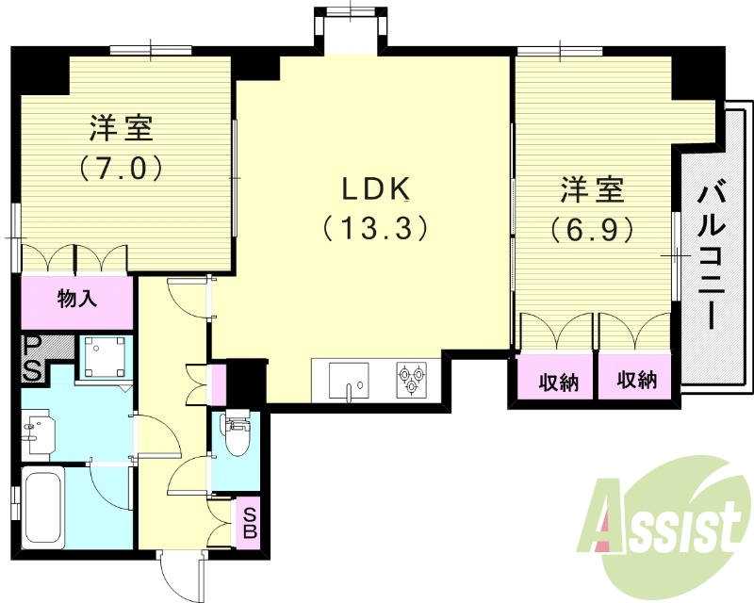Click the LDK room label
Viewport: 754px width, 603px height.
374,189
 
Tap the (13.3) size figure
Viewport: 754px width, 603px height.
374,228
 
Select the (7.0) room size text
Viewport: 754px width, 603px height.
123,168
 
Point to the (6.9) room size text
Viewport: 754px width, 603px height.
592,229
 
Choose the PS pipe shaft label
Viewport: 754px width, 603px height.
32,359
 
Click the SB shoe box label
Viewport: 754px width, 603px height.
250,521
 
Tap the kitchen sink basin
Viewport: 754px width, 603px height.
350,381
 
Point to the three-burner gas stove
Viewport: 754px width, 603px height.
412,381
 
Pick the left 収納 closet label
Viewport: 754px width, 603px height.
555,382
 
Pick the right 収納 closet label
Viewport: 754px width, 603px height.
636,381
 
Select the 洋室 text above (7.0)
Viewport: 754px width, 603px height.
123,128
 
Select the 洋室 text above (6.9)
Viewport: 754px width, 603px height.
592,189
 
